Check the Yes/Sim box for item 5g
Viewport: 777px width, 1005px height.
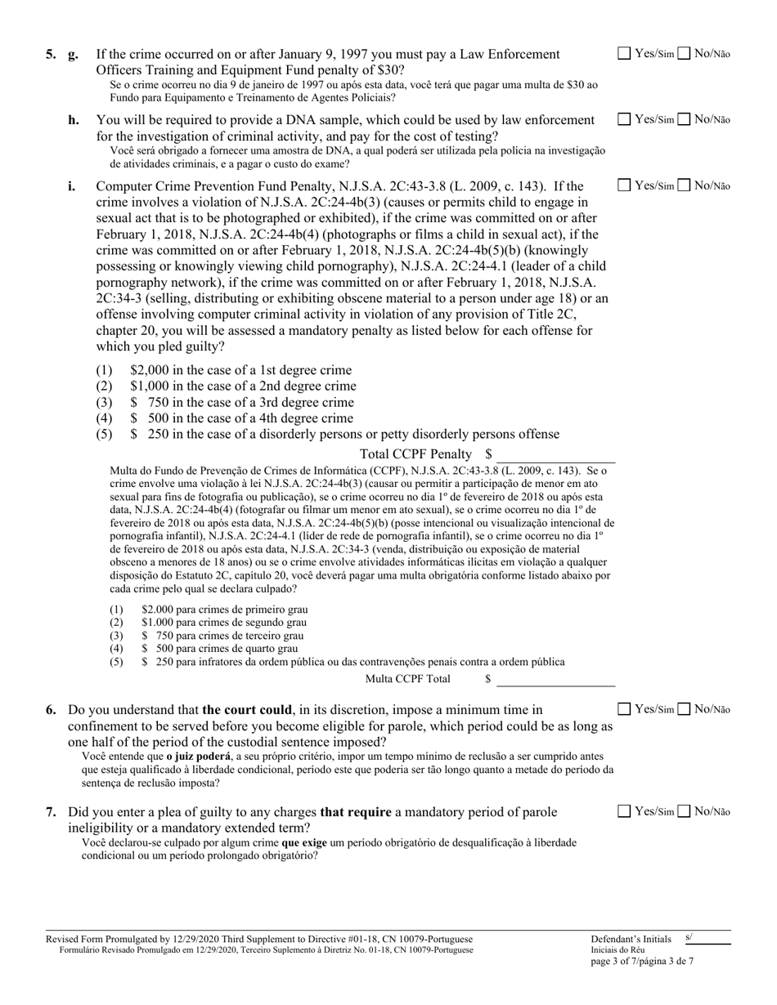point(624,55)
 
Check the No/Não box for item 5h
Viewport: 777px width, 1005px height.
point(685,120)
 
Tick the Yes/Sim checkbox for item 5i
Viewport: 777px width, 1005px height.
point(624,185)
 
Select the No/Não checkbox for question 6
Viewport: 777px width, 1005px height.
point(685,709)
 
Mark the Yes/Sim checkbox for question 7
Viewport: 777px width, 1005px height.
point(624,811)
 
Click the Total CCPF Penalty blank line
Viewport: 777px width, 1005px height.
point(555,454)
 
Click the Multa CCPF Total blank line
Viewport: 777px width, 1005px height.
point(555,679)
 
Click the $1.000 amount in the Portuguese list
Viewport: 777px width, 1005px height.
point(155,622)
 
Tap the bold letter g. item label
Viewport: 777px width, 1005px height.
point(74,55)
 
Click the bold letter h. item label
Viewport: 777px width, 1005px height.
point(74,120)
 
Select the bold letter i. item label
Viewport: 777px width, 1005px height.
point(72,185)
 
